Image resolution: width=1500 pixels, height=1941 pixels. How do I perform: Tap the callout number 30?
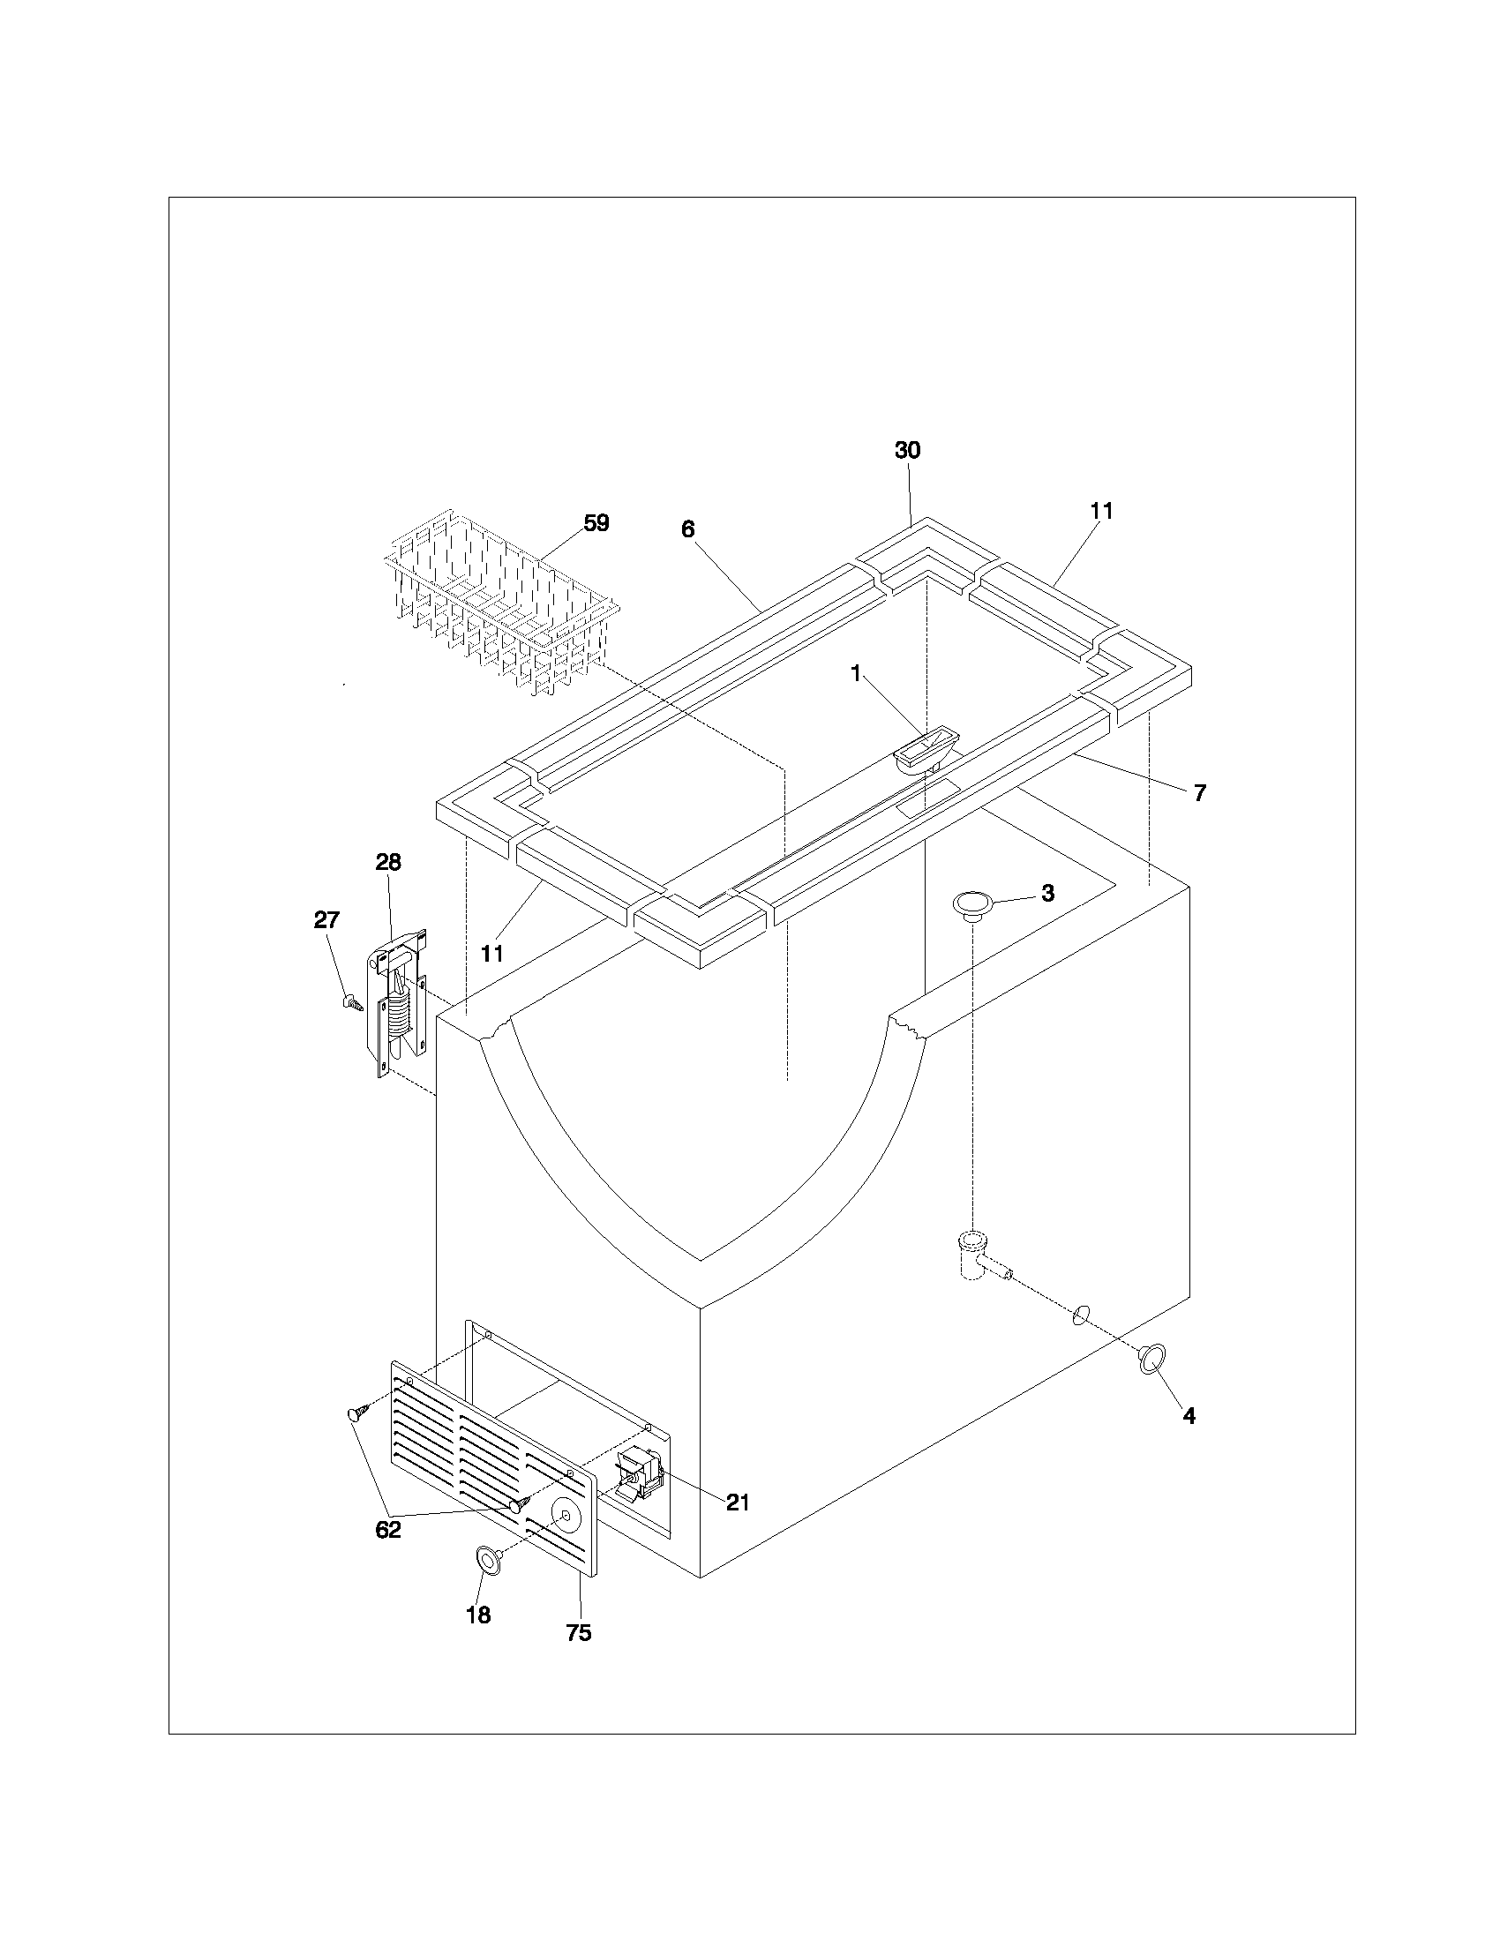[x=907, y=451]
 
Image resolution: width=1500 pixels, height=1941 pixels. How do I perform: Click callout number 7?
[x=1200, y=794]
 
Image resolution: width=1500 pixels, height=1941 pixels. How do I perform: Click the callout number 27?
[x=326, y=920]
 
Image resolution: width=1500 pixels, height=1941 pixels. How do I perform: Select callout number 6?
[x=688, y=529]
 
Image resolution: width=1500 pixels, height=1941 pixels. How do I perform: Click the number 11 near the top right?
[x=1101, y=511]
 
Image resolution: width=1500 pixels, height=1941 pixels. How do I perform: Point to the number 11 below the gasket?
[x=492, y=954]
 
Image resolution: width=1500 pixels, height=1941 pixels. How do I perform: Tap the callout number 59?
[x=596, y=523]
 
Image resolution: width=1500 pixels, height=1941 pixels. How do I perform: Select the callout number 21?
[x=738, y=1502]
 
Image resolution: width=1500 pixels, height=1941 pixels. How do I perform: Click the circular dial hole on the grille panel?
[x=566, y=1510]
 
